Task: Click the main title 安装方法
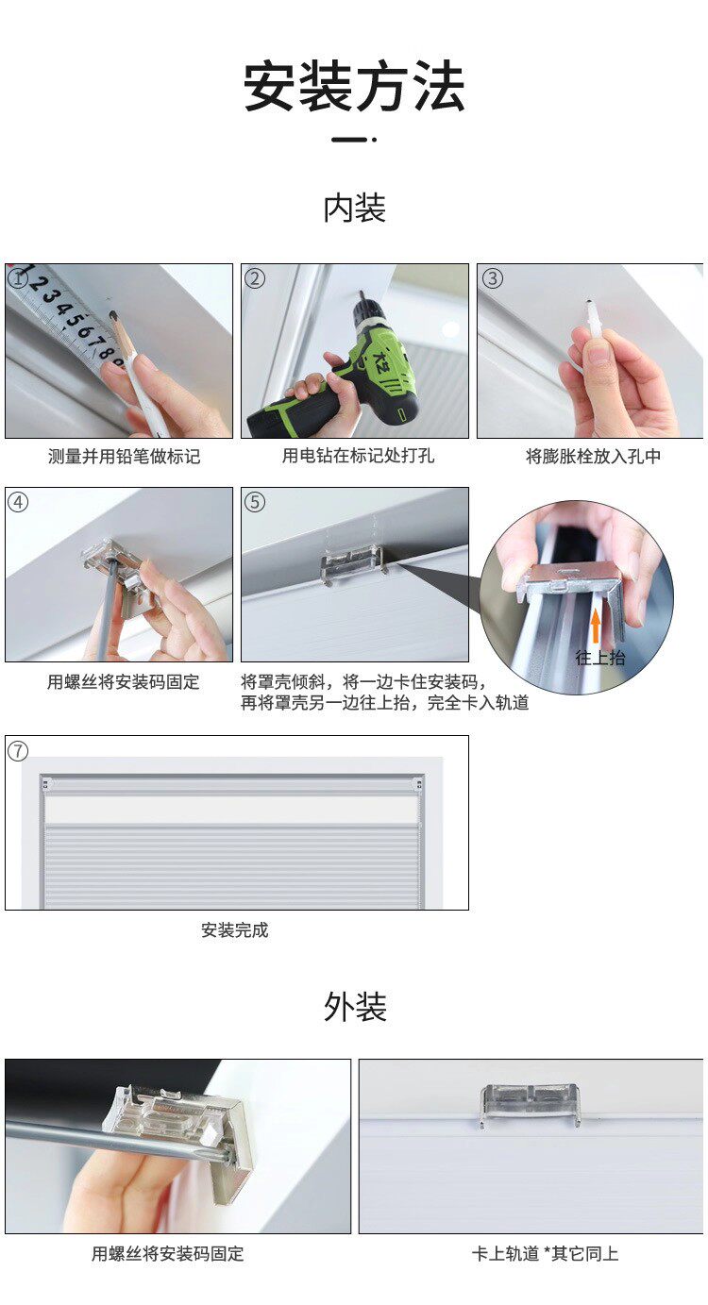coord(354,88)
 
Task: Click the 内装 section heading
coord(354,209)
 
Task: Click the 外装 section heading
coord(354,1007)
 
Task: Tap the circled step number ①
coord(18,278)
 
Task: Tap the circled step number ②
coord(254,278)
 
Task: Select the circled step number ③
coord(492,278)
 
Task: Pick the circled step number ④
coord(18,502)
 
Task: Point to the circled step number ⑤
coord(254,502)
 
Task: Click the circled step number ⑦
coord(18,751)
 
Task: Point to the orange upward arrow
coord(595,626)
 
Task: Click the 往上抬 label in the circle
coord(600,658)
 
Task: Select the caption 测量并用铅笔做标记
coord(124,457)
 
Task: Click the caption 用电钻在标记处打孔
coord(358,457)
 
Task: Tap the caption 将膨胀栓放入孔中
coord(593,457)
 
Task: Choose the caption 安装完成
coord(235,930)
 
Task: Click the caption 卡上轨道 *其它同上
coord(545,1254)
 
